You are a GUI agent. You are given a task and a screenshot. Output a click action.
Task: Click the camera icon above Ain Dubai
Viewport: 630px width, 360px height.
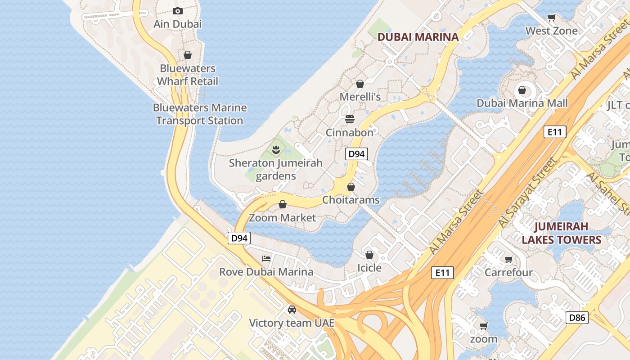(178, 11)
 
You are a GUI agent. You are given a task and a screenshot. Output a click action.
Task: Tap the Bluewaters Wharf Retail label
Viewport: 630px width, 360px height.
(188, 75)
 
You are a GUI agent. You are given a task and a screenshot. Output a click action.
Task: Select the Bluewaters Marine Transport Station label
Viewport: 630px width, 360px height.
(199, 114)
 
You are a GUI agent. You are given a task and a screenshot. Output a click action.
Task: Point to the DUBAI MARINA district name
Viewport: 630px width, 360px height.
(418, 37)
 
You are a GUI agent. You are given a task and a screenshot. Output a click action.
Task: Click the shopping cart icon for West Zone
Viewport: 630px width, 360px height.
(551, 18)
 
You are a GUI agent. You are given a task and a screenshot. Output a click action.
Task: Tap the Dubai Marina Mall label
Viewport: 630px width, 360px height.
(522, 103)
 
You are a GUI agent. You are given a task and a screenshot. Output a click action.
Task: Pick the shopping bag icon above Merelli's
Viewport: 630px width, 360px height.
(360, 84)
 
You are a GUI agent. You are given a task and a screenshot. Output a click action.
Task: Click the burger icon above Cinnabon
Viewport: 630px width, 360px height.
(350, 119)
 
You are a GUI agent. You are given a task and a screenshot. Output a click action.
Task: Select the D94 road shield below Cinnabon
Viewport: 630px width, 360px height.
(356, 154)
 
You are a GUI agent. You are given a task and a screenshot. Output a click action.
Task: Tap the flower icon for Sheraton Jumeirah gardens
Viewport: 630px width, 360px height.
(276, 149)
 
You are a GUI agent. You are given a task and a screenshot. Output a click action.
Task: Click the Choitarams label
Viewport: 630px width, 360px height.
(351, 200)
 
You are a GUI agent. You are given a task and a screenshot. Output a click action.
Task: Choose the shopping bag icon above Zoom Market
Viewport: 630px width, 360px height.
(283, 205)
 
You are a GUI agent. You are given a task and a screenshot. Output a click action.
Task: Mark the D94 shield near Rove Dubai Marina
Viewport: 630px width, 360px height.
(239, 238)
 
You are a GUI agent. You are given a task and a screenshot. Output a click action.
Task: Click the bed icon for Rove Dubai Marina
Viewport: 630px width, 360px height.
(266, 259)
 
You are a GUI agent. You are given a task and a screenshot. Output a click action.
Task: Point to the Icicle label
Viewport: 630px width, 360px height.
(369, 268)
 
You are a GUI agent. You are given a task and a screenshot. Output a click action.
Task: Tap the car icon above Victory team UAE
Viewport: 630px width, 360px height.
(292, 310)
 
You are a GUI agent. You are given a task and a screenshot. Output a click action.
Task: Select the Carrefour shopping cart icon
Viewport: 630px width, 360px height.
(508, 259)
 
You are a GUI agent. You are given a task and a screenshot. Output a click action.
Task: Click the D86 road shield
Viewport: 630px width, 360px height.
(577, 318)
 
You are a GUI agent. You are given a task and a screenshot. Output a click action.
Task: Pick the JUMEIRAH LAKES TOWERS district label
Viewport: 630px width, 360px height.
(561, 233)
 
